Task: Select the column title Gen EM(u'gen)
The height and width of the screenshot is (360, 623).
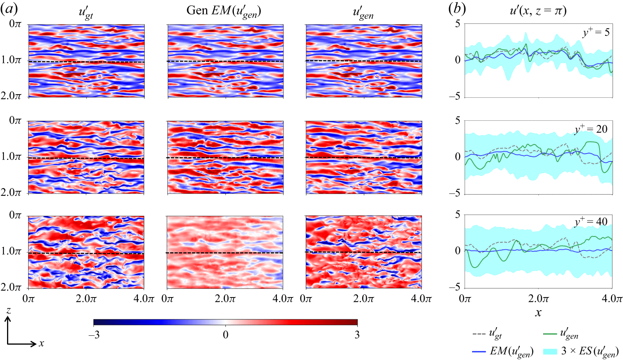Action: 224,11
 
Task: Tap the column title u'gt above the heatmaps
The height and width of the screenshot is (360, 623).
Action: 86,13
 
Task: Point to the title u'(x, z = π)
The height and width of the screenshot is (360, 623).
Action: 538,11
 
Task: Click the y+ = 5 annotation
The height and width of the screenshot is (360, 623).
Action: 596,32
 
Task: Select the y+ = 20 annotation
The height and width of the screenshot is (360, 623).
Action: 591,129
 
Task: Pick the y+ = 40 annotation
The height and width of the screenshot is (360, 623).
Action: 591,222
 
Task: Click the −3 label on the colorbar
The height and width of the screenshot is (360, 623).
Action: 94,335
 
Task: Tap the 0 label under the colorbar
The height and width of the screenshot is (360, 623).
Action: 226,335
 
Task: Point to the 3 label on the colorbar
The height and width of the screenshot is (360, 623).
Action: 357,335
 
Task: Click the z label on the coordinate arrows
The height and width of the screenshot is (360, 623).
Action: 8,311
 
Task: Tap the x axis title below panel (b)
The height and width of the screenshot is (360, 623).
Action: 538,313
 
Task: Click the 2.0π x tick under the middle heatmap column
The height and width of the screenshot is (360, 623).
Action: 225,299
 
